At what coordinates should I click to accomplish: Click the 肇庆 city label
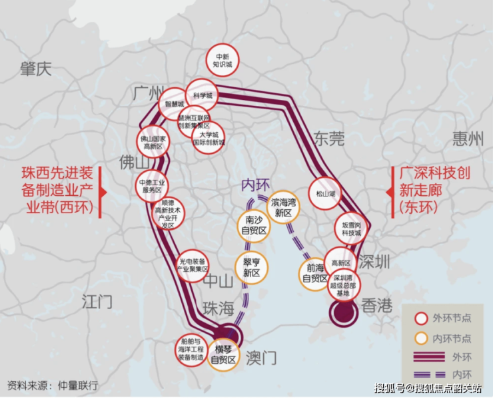click(x=35, y=69)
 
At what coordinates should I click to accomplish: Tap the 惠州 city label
click(x=468, y=139)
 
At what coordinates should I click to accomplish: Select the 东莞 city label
click(x=328, y=139)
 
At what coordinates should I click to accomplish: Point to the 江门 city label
click(x=97, y=301)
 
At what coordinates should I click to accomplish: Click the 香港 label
click(x=378, y=306)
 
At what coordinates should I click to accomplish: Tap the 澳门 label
click(x=261, y=357)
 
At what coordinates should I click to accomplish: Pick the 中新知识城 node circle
click(x=222, y=61)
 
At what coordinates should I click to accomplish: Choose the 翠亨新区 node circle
click(x=251, y=268)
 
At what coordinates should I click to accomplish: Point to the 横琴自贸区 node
click(x=223, y=355)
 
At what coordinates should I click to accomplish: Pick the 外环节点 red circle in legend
click(x=421, y=319)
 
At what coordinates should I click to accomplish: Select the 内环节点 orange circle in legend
click(x=421, y=338)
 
